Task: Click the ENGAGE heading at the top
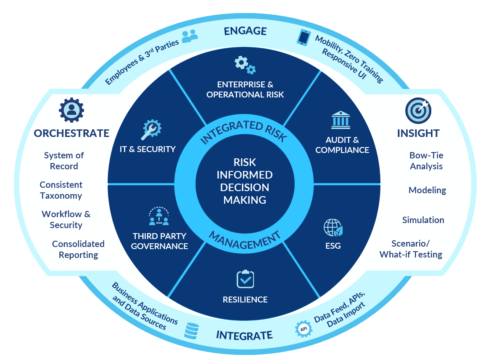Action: [245, 31]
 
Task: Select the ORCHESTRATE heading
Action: [71, 134]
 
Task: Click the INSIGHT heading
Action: [418, 134]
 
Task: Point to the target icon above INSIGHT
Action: [418, 110]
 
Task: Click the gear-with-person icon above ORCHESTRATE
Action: [71, 110]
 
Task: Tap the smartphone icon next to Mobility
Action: [304, 37]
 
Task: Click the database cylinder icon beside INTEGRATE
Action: [192, 330]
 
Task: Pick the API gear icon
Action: [304, 330]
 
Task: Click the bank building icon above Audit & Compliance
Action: [341, 120]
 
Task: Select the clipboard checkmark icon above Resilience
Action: [245, 279]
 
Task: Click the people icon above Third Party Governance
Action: [159, 216]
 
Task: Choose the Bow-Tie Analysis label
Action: [426, 161]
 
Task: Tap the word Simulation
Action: [423, 220]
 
